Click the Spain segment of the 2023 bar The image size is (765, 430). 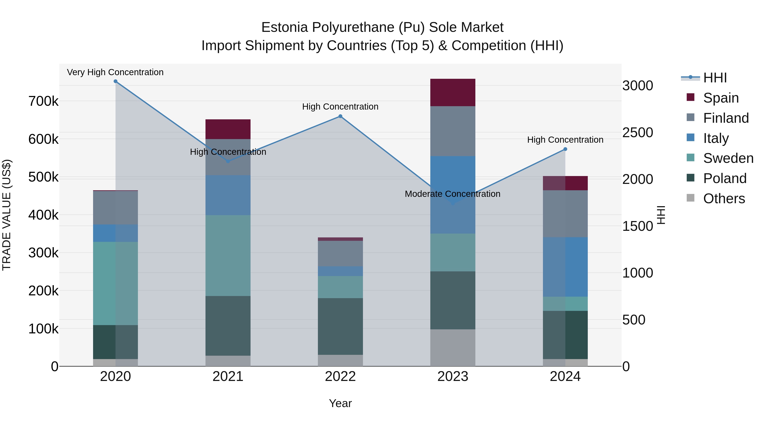[x=453, y=92]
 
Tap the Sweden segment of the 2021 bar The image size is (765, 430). [x=228, y=255]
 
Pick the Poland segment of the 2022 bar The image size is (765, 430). [x=340, y=326]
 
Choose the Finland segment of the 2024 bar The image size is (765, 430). [x=565, y=214]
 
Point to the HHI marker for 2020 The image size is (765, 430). [x=116, y=81]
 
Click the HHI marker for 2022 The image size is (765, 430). [x=340, y=116]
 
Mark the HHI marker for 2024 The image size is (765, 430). [x=565, y=149]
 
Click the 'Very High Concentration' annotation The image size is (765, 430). [x=115, y=72]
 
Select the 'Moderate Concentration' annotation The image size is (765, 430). [x=453, y=194]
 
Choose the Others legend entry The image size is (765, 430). [x=724, y=199]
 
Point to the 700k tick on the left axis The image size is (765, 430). [x=43, y=101]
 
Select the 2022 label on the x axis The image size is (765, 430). [x=340, y=376]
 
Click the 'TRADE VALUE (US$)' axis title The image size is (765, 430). [x=7, y=215]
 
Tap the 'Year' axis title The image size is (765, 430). [x=340, y=403]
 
